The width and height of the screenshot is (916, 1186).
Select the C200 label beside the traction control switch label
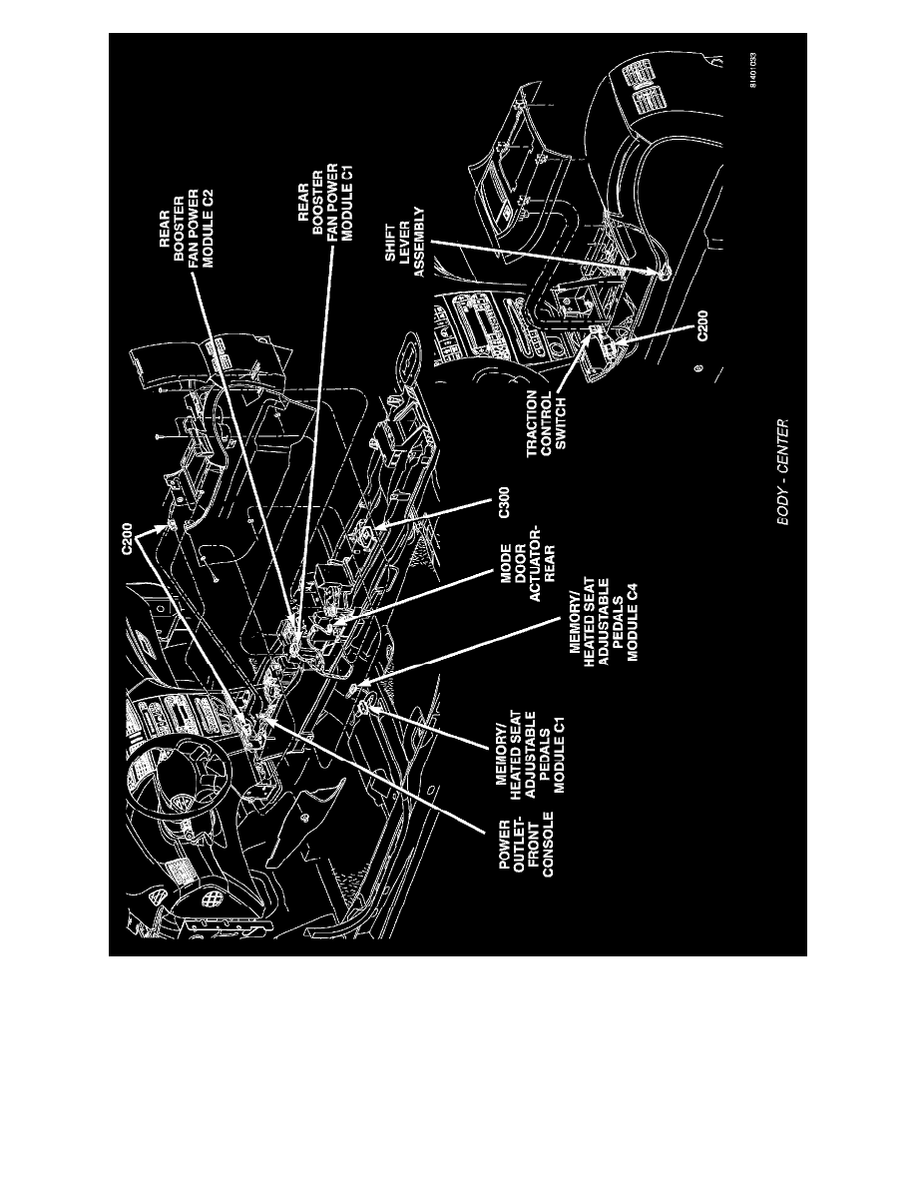(x=703, y=328)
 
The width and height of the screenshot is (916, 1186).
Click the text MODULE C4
(x=633, y=624)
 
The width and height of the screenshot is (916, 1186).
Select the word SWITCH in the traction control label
(x=561, y=425)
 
